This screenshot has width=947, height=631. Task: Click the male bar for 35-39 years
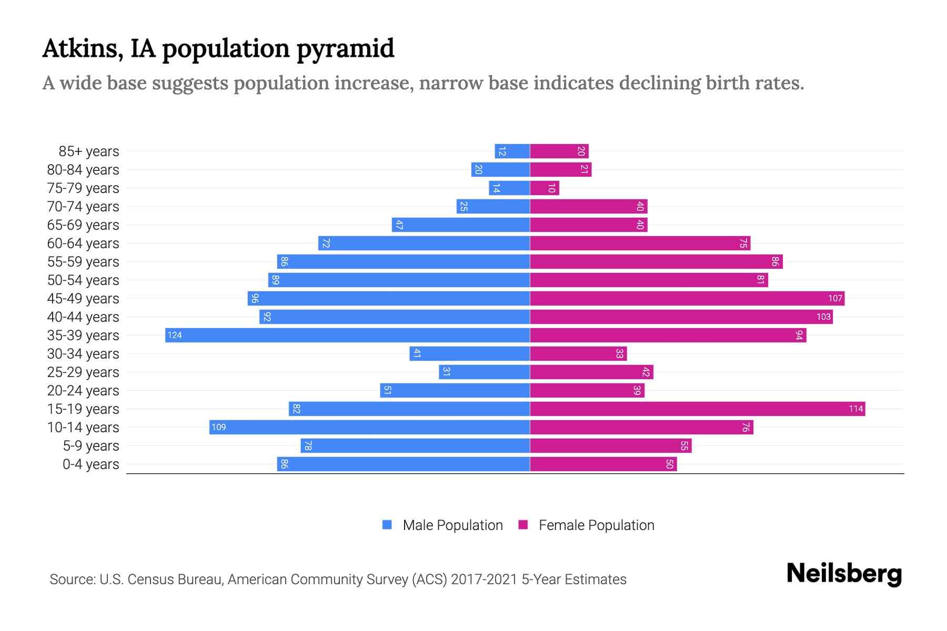click(347, 335)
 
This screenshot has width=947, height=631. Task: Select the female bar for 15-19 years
click(697, 409)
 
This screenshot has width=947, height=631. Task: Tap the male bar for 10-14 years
click(369, 428)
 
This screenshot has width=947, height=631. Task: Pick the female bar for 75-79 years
click(544, 188)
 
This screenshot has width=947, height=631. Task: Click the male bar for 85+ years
click(512, 151)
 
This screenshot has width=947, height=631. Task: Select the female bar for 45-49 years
click(687, 299)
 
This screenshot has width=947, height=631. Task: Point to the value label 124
click(175, 335)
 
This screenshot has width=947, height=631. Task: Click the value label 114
click(855, 409)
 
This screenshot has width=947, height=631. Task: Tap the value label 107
click(835, 299)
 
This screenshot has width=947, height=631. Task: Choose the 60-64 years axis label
click(83, 243)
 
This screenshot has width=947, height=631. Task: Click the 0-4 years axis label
click(90, 464)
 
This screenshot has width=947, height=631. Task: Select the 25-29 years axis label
click(83, 372)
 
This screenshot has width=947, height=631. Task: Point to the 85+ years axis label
click(88, 151)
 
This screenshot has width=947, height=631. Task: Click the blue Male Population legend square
click(387, 525)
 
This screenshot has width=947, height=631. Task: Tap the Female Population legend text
click(596, 525)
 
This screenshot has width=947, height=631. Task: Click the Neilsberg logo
click(844, 574)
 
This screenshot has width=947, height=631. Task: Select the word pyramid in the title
click(345, 49)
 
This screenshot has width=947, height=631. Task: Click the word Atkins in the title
click(83, 49)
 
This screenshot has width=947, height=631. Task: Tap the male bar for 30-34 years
click(469, 354)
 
